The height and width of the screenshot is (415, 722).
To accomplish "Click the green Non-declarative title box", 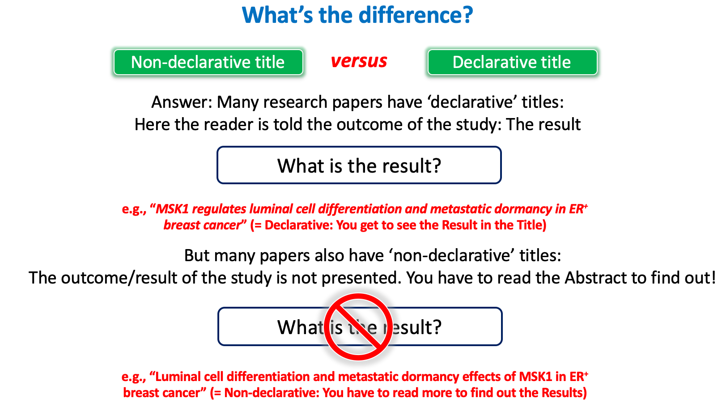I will pyautogui.click(x=208, y=62).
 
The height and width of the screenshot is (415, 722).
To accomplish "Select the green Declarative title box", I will pyautogui.click(x=512, y=62).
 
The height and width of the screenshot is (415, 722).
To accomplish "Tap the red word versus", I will pyautogui.click(x=359, y=61).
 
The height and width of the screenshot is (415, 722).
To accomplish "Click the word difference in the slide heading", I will pyautogui.click(x=416, y=15).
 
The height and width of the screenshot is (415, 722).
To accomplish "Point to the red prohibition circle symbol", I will pyautogui.click(x=358, y=327).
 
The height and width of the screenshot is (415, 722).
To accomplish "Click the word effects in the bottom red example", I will pyautogui.click(x=488, y=377).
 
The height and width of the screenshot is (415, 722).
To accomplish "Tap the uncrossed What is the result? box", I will pyautogui.click(x=359, y=165).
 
